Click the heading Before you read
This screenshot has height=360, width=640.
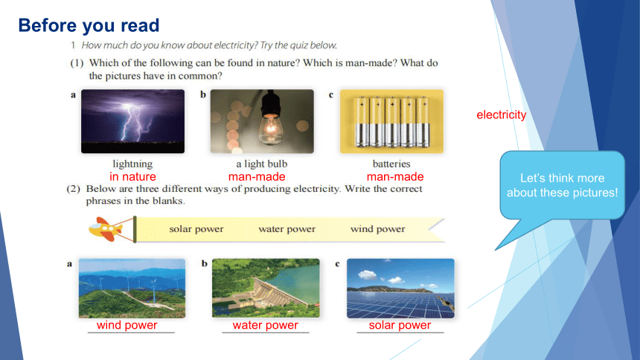89,25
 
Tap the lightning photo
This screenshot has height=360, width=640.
132,121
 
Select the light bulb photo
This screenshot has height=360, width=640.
262,121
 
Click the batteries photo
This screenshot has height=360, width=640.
391,121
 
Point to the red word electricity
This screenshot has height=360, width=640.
502,115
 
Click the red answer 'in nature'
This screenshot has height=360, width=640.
132,177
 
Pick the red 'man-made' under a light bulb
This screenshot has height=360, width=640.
257,177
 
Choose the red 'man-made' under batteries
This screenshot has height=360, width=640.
395,177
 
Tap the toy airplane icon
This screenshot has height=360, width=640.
106,229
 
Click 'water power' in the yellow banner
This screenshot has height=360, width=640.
287,229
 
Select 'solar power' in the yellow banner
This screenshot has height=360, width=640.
196,229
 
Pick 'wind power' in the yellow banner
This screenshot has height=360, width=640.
377,229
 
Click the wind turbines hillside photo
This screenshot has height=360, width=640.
132,288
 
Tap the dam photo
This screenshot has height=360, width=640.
266,288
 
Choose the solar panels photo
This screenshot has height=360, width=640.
400,288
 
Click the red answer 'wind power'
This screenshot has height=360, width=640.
127,325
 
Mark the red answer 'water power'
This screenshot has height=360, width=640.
266,325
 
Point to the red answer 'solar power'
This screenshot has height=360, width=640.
400,325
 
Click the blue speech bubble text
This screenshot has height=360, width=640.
563,185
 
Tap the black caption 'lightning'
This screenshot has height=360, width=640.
132,164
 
